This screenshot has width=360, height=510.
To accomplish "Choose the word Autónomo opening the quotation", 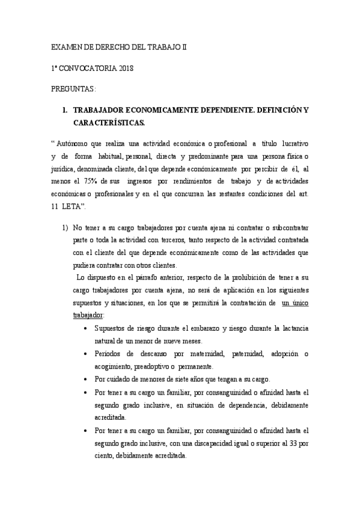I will click(x=73, y=144).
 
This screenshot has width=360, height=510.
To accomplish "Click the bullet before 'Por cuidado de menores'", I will click(x=90, y=379).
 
